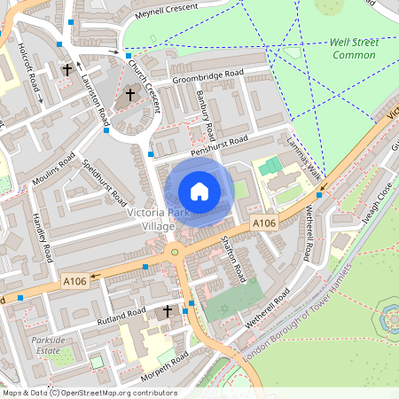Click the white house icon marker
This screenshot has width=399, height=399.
tap(199, 192)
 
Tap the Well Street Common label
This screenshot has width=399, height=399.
tap(355, 48)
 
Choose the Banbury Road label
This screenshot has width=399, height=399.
tap(207, 117)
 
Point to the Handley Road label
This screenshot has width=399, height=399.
tap(43, 237)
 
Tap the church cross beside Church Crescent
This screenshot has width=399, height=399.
tap(129, 93)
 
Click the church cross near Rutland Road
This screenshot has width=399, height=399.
tap(168, 311)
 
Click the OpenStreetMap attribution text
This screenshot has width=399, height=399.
tap(89, 393)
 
